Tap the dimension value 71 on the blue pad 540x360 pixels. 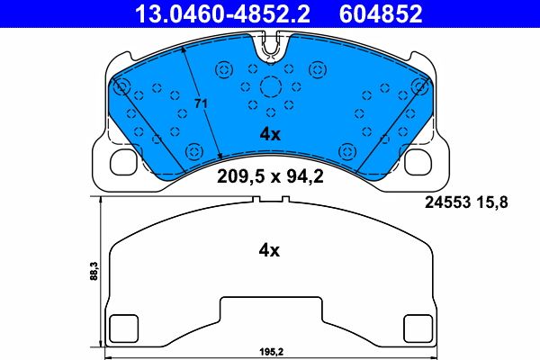point(202,104)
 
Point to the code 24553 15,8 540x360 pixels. point(466,202)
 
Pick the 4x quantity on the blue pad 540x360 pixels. point(270,134)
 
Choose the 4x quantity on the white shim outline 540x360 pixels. point(270,251)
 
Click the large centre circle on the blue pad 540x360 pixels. point(271,87)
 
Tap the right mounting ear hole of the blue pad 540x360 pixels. point(419,163)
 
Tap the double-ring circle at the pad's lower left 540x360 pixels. point(193,149)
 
